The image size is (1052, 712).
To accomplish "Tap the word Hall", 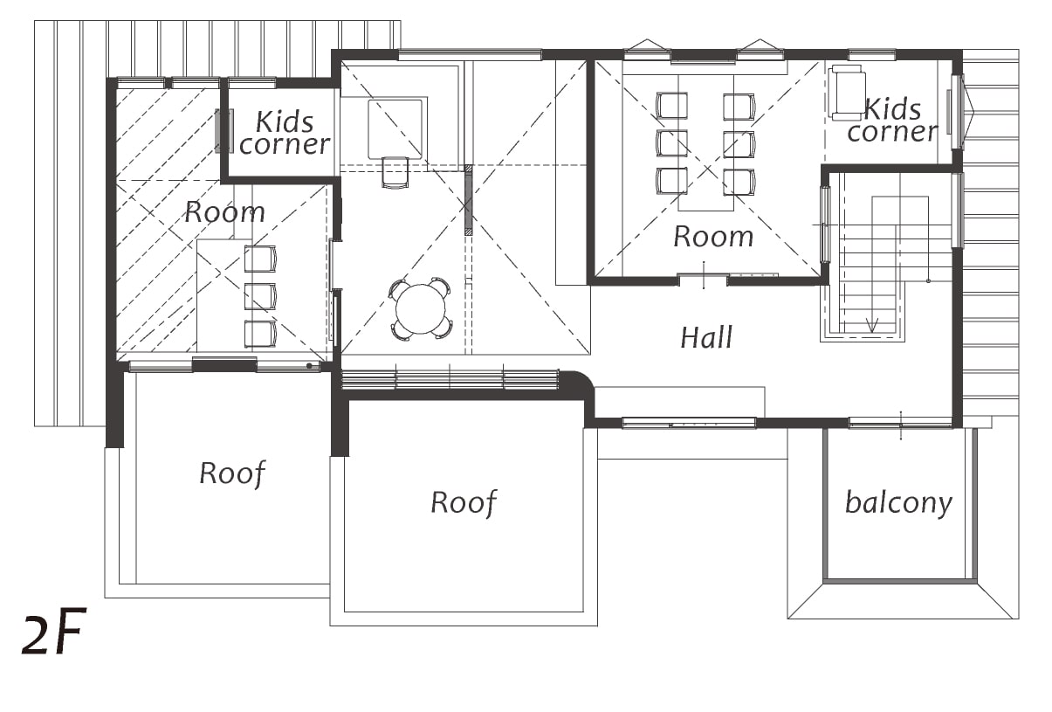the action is (x=706, y=337).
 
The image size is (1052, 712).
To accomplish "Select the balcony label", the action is (x=898, y=503).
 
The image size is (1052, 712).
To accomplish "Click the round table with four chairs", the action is (x=421, y=308).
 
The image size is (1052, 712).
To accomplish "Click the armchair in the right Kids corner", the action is (x=848, y=93).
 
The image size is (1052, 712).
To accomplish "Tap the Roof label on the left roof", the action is (x=232, y=474).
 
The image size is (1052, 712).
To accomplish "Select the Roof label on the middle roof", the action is (x=464, y=503).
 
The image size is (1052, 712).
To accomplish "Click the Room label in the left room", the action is (x=224, y=212).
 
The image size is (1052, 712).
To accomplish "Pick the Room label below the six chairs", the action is (x=713, y=237).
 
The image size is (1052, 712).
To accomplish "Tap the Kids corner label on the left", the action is (x=285, y=133).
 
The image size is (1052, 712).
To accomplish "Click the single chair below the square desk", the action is (x=395, y=172).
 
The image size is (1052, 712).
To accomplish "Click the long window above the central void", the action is (x=470, y=55).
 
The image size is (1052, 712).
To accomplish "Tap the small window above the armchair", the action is (x=872, y=55).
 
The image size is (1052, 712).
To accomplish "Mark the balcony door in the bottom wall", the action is (x=901, y=424).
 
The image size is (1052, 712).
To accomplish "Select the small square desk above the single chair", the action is (x=395, y=128).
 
